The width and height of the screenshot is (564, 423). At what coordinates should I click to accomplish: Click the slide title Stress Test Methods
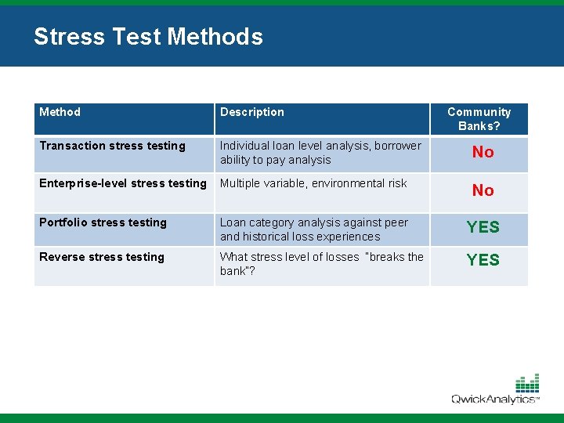(148, 37)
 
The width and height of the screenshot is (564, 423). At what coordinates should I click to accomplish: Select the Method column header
(60, 112)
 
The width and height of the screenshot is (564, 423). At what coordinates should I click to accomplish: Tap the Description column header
(251, 112)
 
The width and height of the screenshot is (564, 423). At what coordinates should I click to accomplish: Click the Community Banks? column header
(479, 119)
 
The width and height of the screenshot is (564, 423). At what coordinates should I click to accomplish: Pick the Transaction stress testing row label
(112, 146)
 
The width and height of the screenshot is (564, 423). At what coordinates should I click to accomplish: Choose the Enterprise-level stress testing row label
(122, 183)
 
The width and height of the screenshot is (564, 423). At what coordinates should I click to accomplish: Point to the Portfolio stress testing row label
(103, 222)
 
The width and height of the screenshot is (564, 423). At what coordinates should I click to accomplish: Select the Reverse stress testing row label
(102, 257)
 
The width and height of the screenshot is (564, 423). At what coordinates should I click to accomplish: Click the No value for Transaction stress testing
(483, 153)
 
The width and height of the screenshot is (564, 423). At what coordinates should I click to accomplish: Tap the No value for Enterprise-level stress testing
(483, 190)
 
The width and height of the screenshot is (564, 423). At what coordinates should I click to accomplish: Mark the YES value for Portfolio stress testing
(483, 227)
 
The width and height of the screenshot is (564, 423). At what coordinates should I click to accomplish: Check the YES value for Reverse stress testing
(483, 260)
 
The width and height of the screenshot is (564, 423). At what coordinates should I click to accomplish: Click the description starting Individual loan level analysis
(320, 153)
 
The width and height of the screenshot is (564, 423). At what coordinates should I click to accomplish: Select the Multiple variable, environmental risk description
(313, 183)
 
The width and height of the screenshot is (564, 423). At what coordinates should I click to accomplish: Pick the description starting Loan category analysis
(313, 230)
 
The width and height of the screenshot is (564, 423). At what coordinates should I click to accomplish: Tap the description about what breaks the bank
(321, 264)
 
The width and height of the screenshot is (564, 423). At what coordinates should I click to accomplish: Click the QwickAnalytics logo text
(493, 399)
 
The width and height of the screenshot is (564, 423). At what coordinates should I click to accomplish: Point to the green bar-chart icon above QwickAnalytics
(526, 383)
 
